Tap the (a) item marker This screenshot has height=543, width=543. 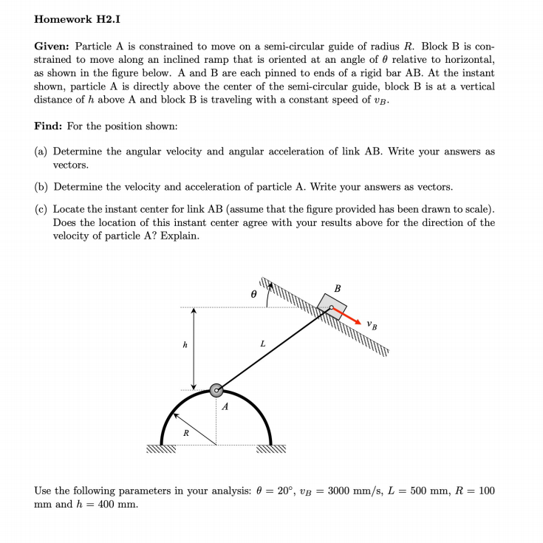click(42, 151)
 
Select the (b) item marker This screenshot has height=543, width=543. click(42, 187)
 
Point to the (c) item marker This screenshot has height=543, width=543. click(42, 209)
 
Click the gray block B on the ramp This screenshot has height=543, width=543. click(332, 307)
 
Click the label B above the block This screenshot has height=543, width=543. click(338, 288)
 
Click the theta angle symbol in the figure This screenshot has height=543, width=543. click(253, 293)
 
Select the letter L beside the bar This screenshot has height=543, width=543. click(262, 344)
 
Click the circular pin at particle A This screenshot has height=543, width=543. click(216, 389)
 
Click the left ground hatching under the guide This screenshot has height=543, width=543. click(160, 448)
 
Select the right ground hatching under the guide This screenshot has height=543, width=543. click(270, 448)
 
